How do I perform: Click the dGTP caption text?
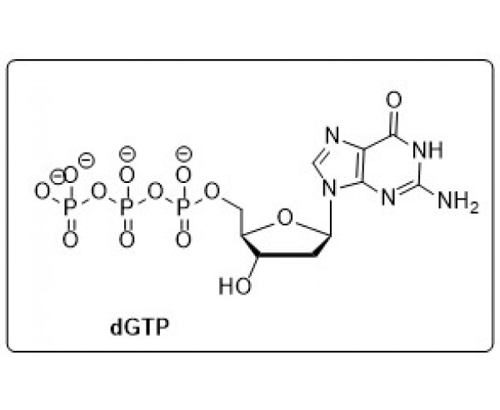click(139, 328)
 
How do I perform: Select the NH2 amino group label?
click(458, 202)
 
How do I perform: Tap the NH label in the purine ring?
click(428, 150)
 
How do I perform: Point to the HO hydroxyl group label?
click(235, 285)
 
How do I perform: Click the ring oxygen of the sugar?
click(285, 217)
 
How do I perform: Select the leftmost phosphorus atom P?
click(70, 208)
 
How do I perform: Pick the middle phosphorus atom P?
click(127, 208)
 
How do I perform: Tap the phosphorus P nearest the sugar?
click(183, 208)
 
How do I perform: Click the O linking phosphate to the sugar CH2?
click(212, 191)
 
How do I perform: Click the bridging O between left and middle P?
click(98, 191)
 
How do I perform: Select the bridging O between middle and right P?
click(155, 191)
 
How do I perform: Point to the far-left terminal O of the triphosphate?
click(42, 191)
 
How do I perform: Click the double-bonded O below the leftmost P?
click(70, 240)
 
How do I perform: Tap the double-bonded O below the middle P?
click(127, 240)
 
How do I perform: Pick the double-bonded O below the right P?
click(183, 240)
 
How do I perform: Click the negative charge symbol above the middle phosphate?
click(127, 154)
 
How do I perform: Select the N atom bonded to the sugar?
click(330, 189)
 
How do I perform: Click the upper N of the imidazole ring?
click(332, 136)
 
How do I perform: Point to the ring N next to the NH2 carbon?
click(388, 198)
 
